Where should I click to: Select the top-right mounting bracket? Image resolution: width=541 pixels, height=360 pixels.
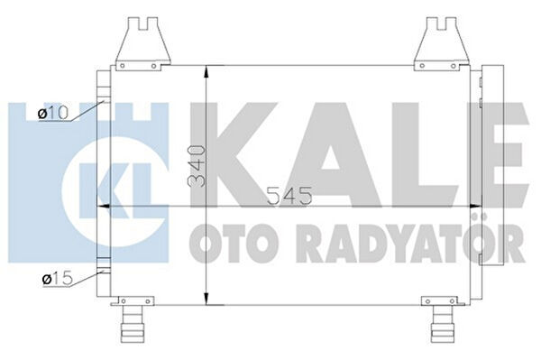[441, 40]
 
